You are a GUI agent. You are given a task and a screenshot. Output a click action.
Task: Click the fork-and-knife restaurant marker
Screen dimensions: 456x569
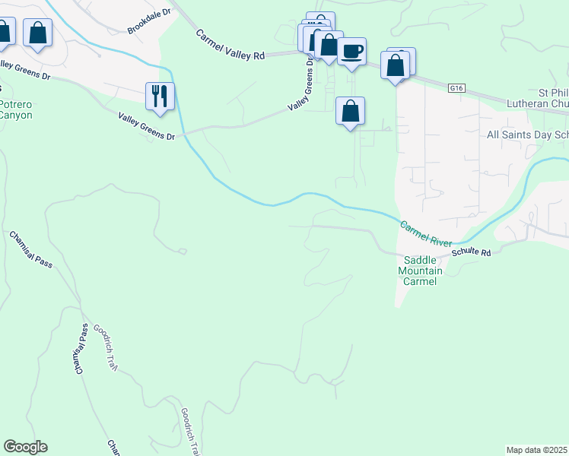pos(161,97)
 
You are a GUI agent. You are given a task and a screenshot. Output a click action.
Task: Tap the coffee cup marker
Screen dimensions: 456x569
pos(351,52)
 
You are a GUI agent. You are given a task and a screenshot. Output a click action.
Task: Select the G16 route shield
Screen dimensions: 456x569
pos(456,88)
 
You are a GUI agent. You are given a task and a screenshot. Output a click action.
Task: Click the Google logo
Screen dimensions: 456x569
pos(25,447)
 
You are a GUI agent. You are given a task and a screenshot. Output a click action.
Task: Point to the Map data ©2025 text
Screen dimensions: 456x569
pos(537,450)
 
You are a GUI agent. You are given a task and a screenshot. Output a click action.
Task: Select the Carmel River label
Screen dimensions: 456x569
pos(427,233)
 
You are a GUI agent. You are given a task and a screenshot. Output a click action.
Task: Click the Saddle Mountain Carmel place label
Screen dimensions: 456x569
pos(418,271)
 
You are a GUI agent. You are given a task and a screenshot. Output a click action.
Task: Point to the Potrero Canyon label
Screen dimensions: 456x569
pos(15,110)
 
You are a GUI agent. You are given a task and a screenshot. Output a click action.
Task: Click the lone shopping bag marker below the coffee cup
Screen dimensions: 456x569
pos(350,111)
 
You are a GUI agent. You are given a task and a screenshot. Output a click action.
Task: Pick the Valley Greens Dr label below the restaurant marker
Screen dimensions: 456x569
pos(147,126)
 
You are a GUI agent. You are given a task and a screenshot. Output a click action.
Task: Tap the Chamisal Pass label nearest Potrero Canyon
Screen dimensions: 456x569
pos(31,250)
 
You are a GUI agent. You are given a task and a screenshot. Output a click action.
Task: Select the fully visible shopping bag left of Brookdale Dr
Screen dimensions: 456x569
pos(37,33)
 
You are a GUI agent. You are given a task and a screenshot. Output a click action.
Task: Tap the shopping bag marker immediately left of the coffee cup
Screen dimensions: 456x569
pos(329,45)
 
